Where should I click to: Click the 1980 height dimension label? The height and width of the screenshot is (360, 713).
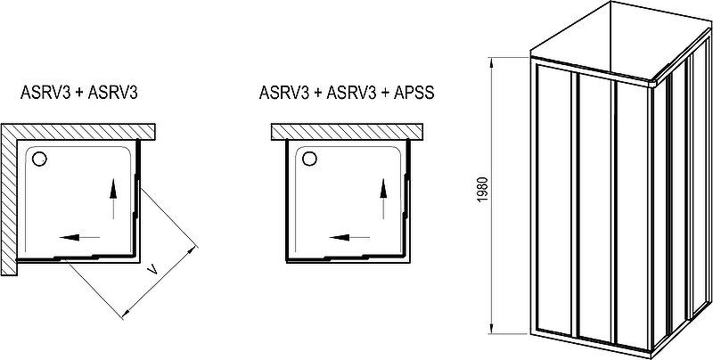click(483, 190)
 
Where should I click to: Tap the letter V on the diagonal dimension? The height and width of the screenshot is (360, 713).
click(153, 271)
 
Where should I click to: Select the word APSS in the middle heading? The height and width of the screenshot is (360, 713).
click(414, 93)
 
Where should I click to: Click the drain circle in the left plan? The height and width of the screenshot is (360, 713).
click(39, 159)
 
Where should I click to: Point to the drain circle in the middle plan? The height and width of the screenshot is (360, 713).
click(309, 159)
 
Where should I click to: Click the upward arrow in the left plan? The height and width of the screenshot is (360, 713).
click(113, 199)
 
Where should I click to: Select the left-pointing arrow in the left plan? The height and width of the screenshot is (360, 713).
click(79, 237)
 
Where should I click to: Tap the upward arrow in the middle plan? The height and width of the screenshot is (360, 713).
click(383, 199)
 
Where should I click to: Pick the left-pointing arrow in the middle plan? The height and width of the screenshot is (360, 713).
click(349, 237)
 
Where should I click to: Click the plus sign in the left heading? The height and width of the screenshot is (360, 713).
click(79, 94)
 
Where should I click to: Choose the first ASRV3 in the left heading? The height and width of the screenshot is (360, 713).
click(45, 93)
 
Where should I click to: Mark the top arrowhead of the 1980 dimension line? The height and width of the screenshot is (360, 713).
click(492, 62)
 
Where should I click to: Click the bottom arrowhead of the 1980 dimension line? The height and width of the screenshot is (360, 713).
click(492, 328)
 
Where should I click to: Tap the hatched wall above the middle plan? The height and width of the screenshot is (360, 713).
click(347, 131)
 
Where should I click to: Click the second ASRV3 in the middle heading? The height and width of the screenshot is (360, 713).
click(350, 93)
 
